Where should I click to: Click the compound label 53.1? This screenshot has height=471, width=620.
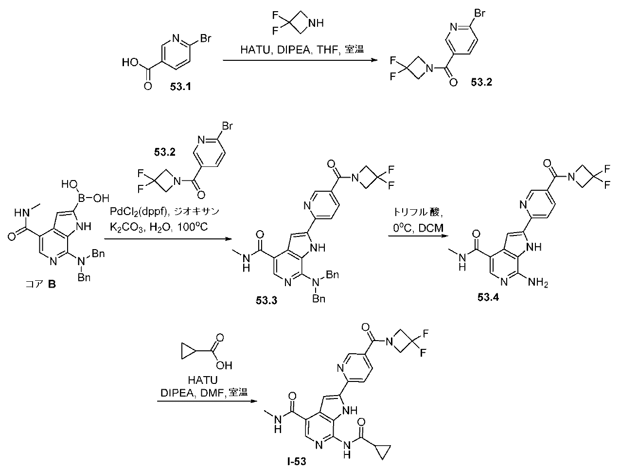pyautogui.click(x=180, y=87)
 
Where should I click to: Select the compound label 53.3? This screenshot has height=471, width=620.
pyautogui.click(x=266, y=301)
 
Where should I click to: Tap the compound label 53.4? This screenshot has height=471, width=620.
pyautogui.click(x=488, y=297)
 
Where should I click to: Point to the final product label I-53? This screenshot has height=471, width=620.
pyautogui.click(x=296, y=462)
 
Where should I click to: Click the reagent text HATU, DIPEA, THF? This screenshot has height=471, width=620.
pyautogui.click(x=289, y=50)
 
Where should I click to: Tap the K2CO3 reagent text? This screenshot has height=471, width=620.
pyautogui.click(x=126, y=228)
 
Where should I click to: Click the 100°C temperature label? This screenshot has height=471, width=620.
pyautogui.click(x=193, y=227)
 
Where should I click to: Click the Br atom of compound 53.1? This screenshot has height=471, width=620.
pyautogui.click(x=206, y=38)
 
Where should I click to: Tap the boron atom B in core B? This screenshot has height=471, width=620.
pyautogui.click(x=81, y=198)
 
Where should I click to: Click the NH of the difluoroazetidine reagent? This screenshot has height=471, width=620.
pyautogui.click(x=316, y=23)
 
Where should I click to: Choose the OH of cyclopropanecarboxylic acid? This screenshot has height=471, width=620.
pyautogui.click(x=224, y=365)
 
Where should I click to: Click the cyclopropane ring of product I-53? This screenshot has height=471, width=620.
pyautogui.click(x=384, y=452)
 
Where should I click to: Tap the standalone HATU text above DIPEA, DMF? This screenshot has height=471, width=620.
pyautogui.click(x=203, y=380)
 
